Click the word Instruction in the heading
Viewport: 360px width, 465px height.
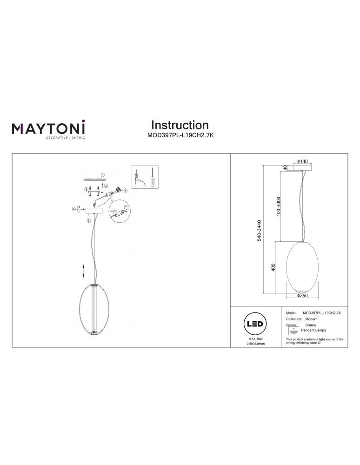click(x=180, y=125)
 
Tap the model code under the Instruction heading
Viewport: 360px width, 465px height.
click(x=180, y=137)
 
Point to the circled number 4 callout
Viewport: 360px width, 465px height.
click(x=125, y=191)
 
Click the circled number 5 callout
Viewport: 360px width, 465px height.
click(x=89, y=220)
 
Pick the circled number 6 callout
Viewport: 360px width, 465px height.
click(x=73, y=209)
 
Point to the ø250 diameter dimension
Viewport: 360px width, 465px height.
click(x=303, y=295)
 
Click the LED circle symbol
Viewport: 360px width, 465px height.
click(x=254, y=324)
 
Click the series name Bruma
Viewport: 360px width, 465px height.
click(x=311, y=325)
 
